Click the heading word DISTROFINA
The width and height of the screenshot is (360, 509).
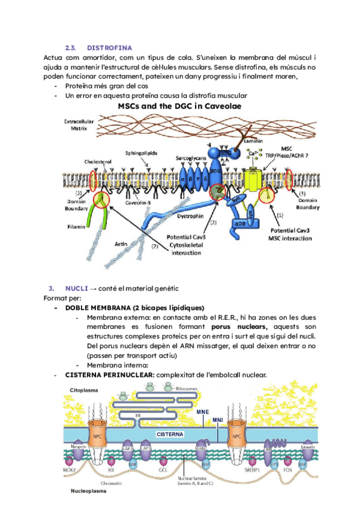pyautogui.click(x=110, y=47)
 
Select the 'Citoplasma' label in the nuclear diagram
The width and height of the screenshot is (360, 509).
pyautogui.click(x=84, y=391)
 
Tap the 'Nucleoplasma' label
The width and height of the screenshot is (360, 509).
pyautogui.click(x=87, y=491)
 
